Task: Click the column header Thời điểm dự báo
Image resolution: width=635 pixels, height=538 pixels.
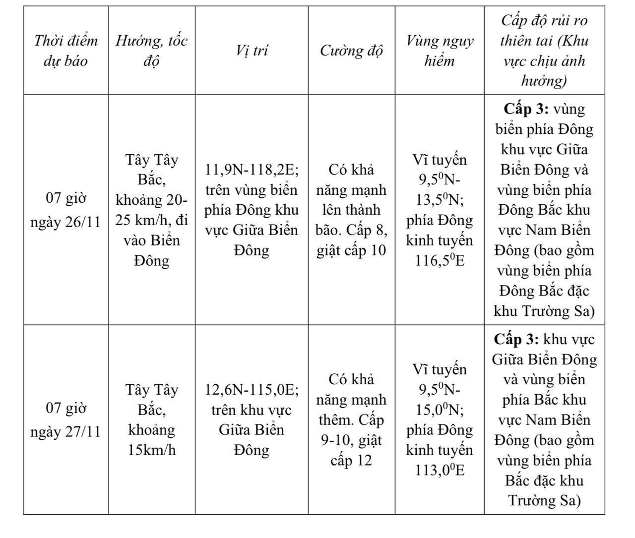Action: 66,51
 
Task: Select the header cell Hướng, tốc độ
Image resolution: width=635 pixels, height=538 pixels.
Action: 151,51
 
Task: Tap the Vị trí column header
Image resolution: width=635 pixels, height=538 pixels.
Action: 252,51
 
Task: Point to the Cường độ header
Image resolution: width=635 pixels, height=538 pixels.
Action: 351,51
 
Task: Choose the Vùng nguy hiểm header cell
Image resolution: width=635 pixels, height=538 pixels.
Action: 440,51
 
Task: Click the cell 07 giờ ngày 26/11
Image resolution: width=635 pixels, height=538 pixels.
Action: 66,210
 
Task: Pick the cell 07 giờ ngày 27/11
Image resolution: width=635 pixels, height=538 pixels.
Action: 66,419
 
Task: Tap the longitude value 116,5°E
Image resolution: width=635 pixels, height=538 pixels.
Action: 440,260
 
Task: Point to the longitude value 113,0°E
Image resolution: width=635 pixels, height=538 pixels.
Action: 440,470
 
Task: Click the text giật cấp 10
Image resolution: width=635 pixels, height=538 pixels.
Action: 351,250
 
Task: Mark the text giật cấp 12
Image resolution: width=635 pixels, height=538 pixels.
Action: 351,450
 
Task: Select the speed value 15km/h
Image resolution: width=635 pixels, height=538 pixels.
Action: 151,450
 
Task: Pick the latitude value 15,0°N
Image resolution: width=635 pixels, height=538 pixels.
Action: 437,410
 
